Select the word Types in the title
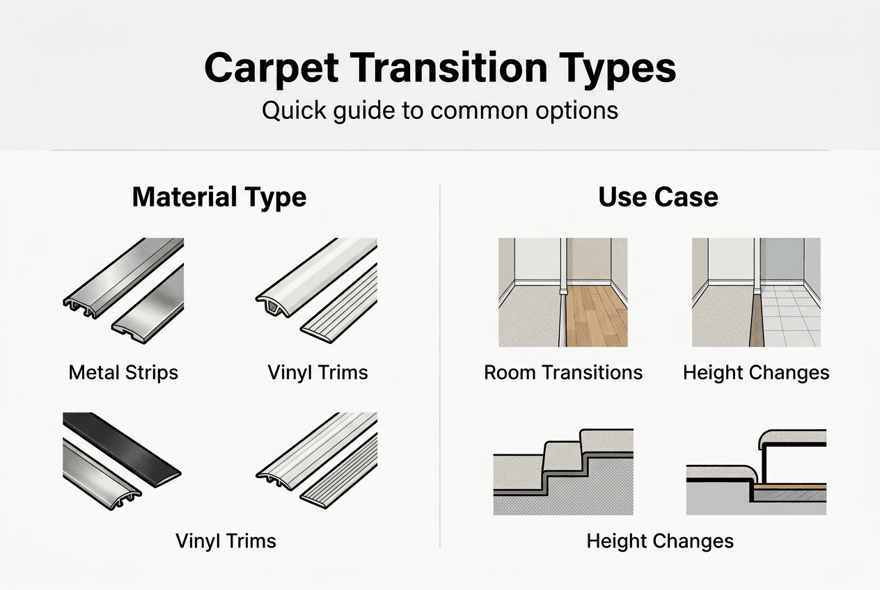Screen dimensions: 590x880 [x=623, y=68]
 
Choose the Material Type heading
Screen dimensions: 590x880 [x=219, y=198]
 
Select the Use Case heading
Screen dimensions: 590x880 [x=658, y=198]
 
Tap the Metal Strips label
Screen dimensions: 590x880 [x=123, y=372]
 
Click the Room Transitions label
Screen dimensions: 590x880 [x=563, y=372]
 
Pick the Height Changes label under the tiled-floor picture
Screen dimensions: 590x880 [x=756, y=372]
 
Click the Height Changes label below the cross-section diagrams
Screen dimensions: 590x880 [x=660, y=541]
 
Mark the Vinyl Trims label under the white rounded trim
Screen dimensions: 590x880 [x=317, y=372]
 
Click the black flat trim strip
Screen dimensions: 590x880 [x=122, y=442]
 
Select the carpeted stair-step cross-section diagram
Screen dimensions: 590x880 [x=563, y=473]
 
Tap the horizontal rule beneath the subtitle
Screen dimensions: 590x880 [x=440, y=150]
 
